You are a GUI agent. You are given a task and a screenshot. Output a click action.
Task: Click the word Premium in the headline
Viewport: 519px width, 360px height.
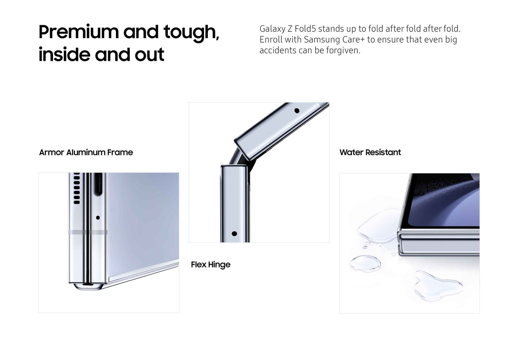(x=79, y=31)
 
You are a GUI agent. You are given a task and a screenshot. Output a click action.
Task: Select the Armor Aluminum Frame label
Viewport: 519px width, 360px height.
(x=86, y=152)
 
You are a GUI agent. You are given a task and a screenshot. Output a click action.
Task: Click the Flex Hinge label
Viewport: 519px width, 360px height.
(x=211, y=264)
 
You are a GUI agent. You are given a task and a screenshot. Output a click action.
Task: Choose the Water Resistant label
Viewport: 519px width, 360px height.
(x=370, y=152)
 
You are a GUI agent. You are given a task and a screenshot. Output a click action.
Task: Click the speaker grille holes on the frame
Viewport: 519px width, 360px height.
(x=77, y=189)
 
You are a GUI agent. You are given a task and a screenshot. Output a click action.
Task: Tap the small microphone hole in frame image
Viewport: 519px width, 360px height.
(x=98, y=218)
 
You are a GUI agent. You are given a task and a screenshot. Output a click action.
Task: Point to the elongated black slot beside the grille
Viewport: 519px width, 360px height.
(x=98, y=184)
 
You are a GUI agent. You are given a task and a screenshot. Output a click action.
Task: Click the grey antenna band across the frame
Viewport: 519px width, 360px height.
(x=88, y=232)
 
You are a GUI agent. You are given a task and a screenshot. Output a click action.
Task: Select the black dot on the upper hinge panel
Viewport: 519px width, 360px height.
(x=297, y=111)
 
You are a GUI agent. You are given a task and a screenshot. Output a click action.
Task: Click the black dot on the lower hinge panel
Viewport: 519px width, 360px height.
(x=234, y=234)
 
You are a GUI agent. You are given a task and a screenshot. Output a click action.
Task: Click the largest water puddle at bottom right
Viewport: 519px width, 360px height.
(x=438, y=286)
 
